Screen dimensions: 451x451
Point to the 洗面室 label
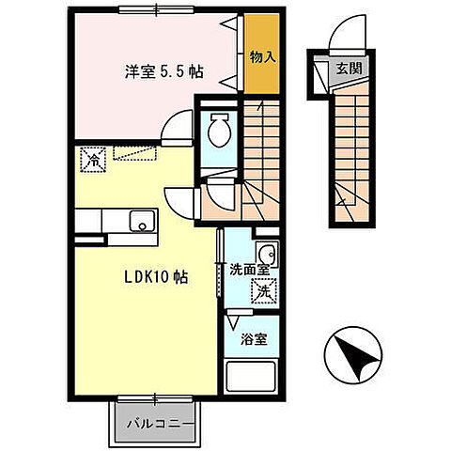250,270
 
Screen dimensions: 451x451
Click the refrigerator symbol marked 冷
94,161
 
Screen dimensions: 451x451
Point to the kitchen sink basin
142,222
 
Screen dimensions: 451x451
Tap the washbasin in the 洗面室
266,253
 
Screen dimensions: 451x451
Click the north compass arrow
355,358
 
